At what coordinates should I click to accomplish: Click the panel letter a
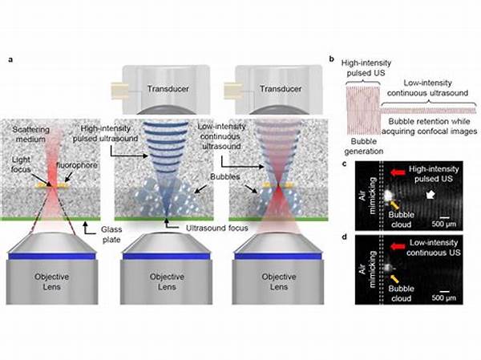[10, 59]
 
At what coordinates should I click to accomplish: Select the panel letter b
[332, 59]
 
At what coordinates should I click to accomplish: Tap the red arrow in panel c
[398, 172]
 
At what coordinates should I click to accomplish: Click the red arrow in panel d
[398, 246]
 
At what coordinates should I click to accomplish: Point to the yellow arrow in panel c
[394, 204]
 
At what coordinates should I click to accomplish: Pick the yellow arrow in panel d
[394, 278]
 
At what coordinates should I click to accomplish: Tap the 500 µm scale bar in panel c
[444, 217]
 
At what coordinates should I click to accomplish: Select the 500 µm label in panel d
[444, 297]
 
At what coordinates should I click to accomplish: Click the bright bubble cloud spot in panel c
[388, 195]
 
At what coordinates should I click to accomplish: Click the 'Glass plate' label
[111, 234]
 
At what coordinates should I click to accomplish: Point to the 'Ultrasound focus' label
[217, 228]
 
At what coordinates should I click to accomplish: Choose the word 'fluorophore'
[77, 165]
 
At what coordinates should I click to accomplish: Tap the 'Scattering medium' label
[30, 134]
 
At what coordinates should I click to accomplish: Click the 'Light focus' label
[21, 164]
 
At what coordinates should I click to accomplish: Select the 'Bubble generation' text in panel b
[363, 147]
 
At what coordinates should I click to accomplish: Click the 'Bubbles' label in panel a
[224, 176]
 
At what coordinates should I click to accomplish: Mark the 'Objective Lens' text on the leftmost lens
[52, 281]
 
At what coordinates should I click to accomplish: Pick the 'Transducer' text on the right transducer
[281, 89]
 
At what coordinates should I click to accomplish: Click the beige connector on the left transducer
[119, 91]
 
